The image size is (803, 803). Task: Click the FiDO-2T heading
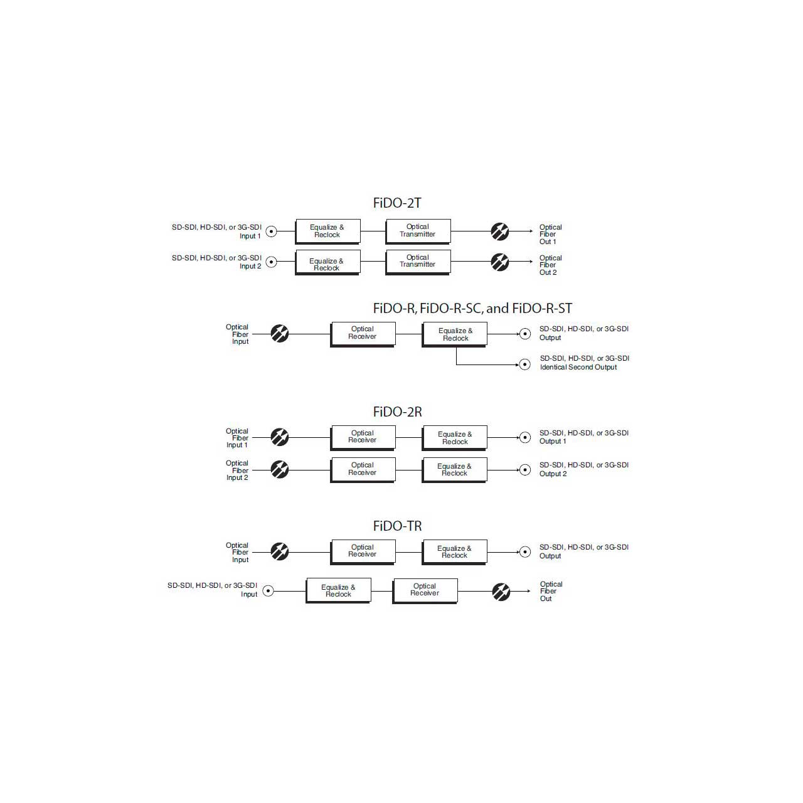396,203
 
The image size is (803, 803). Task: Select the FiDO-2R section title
397,412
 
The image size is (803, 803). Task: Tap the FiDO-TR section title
397,526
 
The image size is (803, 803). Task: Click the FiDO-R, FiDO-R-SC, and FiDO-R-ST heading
472,309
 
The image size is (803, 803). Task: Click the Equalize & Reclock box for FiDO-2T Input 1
327,231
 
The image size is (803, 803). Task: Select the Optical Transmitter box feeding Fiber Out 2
418,262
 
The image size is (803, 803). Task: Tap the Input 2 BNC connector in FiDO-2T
271,262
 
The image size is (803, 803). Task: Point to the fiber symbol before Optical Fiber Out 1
499,231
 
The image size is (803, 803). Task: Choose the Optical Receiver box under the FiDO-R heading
363,334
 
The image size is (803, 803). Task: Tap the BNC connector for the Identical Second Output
524,364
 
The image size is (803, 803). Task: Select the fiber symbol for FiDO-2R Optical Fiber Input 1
280,437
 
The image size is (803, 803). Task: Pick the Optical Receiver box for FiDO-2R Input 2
363,470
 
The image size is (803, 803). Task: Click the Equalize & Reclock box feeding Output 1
454,438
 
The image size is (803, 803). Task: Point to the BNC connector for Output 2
525,470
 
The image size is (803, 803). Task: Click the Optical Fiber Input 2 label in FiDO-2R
237,471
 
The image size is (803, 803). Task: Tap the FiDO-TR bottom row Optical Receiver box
425,591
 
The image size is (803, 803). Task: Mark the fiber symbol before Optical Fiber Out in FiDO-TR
501,592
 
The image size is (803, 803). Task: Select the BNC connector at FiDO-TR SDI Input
269,591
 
